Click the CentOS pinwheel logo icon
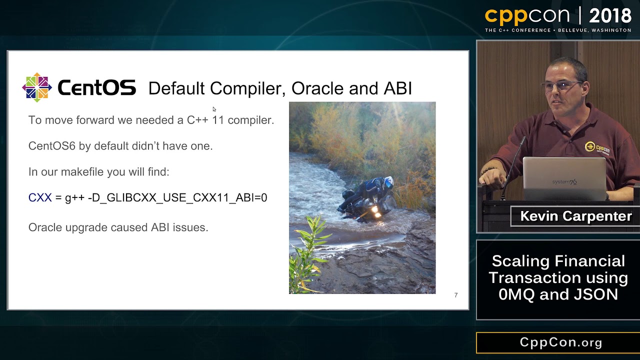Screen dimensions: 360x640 pyautogui.click(x=37, y=87)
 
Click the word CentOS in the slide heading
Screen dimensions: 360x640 pyautogui.click(x=96, y=88)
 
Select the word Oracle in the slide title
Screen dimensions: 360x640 pyautogui.click(x=317, y=88)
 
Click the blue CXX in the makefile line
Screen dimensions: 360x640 pyautogui.click(x=40, y=197)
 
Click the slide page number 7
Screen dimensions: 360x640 pyautogui.click(x=455, y=295)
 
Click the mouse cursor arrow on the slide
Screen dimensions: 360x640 pyautogui.click(x=214, y=109)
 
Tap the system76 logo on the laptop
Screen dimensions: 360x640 pyautogui.click(x=564, y=182)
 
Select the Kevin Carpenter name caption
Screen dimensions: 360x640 pyautogui.click(x=575, y=216)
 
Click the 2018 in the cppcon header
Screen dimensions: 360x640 pyautogui.click(x=609, y=16)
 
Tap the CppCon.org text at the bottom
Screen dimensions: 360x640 pyautogui.click(x=560, y=342)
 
